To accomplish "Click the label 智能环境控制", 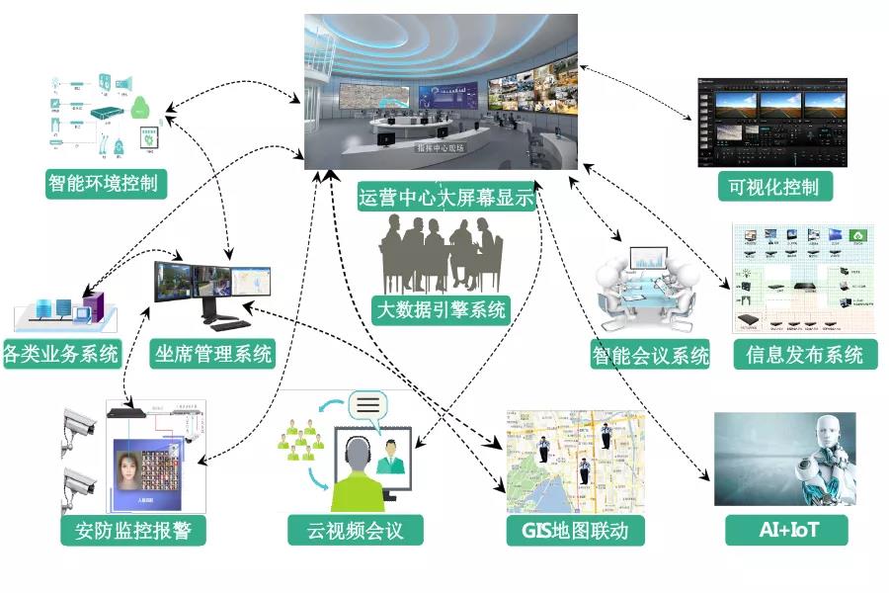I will point(107,183).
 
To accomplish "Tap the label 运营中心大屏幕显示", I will point(445,197).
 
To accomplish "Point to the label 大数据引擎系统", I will point(442,309).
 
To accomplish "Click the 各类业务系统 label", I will point(61,355).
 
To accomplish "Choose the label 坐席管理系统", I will point(212,354).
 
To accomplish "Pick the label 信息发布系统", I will point(805,355).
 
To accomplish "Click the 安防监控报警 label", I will point(132,531).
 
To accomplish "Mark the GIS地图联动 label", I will point(575,531).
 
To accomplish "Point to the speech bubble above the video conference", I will point(367,405).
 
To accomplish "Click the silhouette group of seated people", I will point(441,252).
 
